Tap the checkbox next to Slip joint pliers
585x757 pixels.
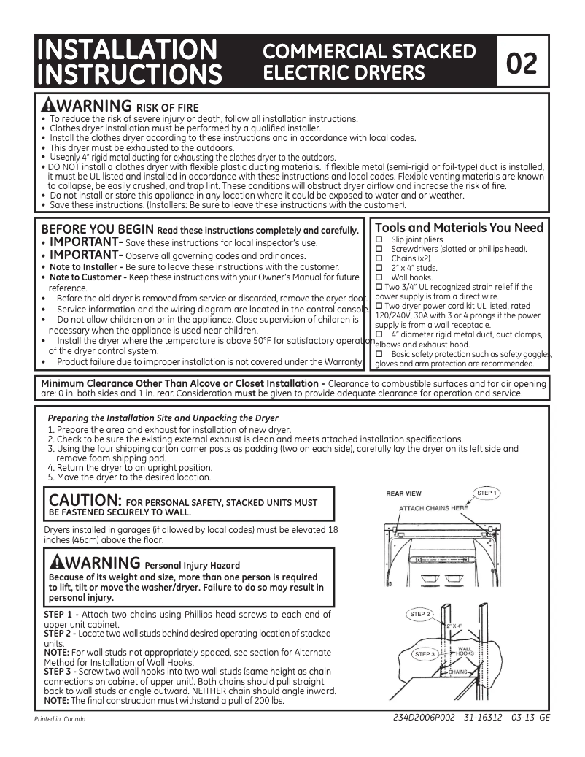(379, 239)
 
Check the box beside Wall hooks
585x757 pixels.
(379, 277)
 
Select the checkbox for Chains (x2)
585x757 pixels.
(379, 258)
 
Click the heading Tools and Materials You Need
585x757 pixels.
(459, 228)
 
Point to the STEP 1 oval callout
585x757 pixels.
(487, 493)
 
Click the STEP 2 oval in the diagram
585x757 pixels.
(420, 614)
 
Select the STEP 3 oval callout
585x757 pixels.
(425, 654)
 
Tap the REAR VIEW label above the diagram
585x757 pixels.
(403, 494)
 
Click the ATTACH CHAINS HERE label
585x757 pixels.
(433, 508)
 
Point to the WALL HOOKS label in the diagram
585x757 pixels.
(465, 650)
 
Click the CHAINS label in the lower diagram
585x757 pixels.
(457, 671)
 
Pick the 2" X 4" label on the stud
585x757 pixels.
(454, 626)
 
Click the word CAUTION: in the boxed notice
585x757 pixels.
(85, 501)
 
